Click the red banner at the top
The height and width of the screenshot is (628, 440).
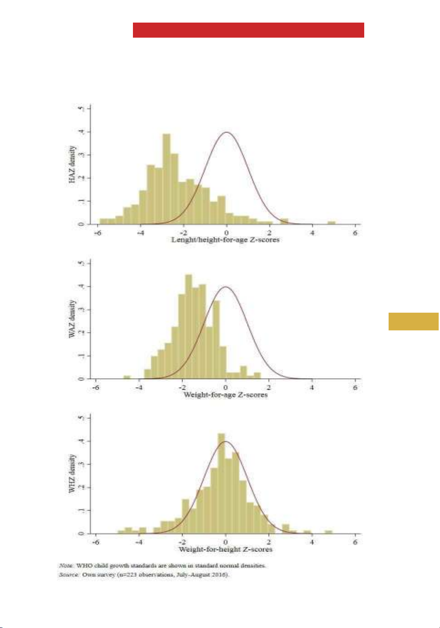(248, 30)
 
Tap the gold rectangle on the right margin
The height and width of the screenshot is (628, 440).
(413, 322)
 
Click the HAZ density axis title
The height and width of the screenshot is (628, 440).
(72, 164)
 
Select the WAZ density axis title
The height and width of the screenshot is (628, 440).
(72, 319)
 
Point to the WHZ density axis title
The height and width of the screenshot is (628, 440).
(72, 473)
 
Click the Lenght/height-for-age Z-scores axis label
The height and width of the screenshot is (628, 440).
(225, 240)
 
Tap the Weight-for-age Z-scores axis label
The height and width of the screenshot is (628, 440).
(225, 395)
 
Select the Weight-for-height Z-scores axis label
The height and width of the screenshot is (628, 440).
(225, 549)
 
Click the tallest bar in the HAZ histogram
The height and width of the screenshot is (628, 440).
(167, 179)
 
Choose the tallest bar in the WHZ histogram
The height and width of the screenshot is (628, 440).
(222, 484)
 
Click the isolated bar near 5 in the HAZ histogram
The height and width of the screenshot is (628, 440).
(331, 223)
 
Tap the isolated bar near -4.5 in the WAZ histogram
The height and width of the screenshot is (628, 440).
(127, 377)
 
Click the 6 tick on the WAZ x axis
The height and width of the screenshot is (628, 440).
(355, 388)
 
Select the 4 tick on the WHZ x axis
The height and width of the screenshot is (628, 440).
(312, 542)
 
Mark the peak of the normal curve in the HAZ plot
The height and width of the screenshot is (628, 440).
(227, 132)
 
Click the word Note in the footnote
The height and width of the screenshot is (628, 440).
(66, 566)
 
